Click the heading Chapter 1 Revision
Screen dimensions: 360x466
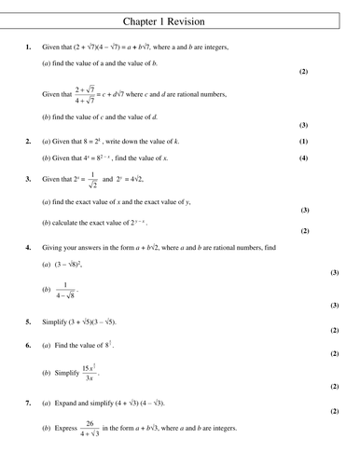180,20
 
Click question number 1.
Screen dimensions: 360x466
30,47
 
